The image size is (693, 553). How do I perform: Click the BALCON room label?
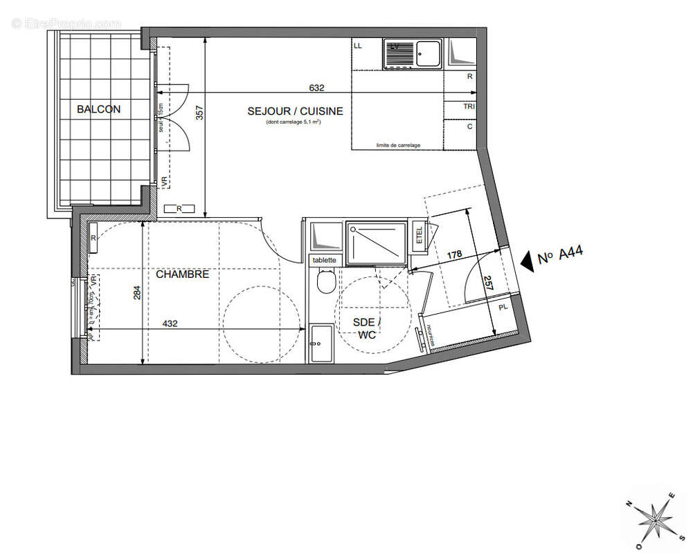click(x=98, y=109)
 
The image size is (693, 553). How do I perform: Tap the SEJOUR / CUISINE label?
click(x=295, y=111)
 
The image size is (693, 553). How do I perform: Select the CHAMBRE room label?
click(x=182, y=274)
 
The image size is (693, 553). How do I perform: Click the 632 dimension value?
click(x=316, y=88)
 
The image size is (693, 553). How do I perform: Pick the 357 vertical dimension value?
click(x=199, y=113)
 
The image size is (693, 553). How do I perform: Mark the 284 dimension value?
click(x=136, y=294)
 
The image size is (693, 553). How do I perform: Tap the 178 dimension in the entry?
click(x=454, y=255)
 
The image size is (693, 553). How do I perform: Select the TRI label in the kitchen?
click(x=469, y=106)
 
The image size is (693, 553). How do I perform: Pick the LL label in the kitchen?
click(x=358, y=46)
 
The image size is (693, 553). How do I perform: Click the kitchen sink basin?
click(x=430, y=53)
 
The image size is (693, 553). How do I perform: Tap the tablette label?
click(x=324, y=260)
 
